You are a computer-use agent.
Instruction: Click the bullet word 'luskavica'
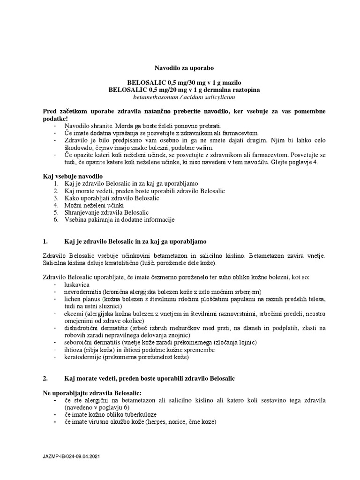pos(77,285)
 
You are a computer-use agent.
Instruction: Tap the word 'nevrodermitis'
pos(83,292)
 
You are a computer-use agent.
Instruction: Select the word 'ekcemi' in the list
pos(74,314)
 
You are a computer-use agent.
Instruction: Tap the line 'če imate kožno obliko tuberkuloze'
pos(111,415)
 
